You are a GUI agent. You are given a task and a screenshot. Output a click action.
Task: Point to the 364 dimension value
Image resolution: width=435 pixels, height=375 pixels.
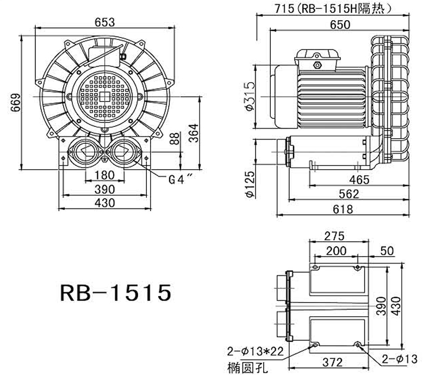tap(194, 133)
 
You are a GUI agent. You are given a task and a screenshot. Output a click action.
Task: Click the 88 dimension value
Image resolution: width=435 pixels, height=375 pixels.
tap(173, 138)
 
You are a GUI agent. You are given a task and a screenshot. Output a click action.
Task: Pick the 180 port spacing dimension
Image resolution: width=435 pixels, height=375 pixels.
tap(104, 175)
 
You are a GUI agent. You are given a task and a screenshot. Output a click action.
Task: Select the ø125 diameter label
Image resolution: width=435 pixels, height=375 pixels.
tap(251, 185)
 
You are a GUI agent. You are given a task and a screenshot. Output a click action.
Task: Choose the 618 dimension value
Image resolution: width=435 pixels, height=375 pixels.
tap(343, 209)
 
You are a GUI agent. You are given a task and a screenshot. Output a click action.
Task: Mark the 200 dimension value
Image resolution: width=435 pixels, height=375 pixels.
tap(336, 250)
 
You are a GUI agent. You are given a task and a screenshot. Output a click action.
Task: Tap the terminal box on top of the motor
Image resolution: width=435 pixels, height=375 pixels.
tap(317, 57)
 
